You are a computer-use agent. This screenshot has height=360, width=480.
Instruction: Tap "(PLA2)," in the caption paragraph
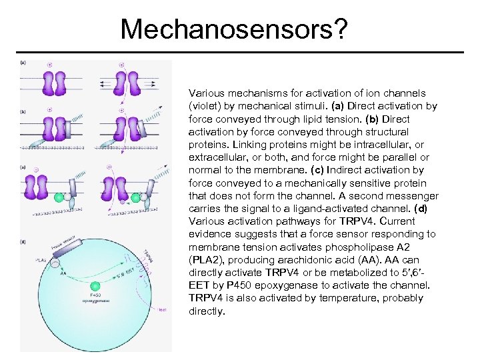coord(207,259)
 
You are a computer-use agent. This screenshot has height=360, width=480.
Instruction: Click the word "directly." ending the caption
coord(207,311)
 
